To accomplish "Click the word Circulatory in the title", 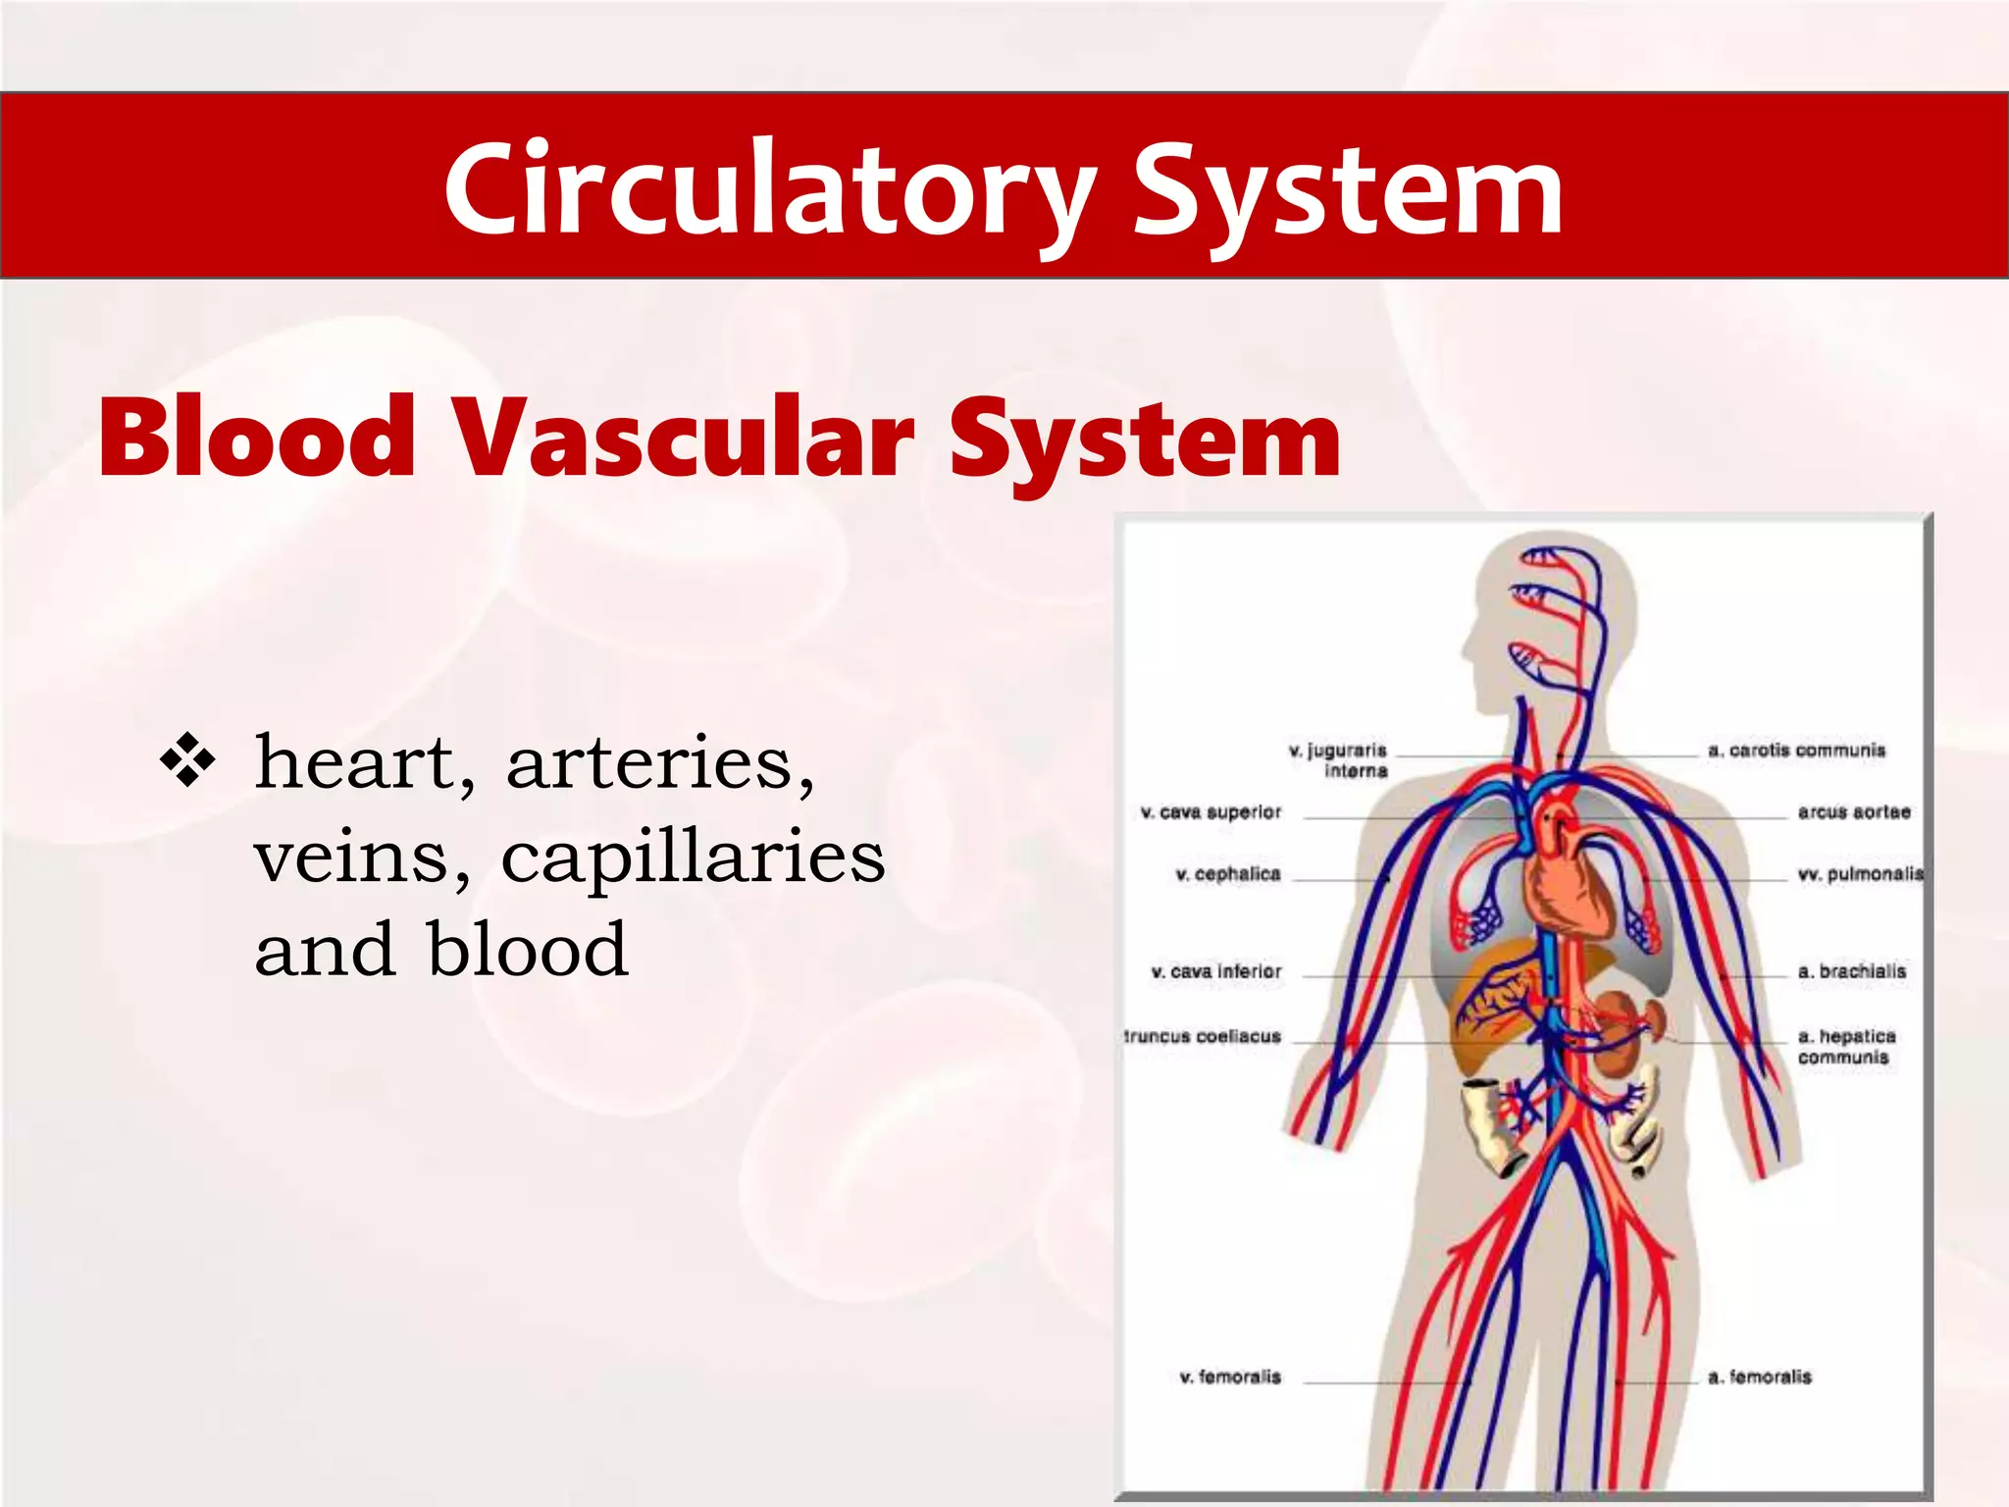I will point(770,188).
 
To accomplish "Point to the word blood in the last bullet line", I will point(528,950).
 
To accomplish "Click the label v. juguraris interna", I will point(1338,760).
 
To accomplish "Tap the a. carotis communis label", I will point(1796,751).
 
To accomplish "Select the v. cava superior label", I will point(1211,812).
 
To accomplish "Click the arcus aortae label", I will point(1853,812).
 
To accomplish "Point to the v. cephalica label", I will point(1227,874).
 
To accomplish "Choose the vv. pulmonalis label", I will point(1860,874).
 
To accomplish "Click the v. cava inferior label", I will point(1215,971).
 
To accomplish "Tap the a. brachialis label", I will point(1851,971).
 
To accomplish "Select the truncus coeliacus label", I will point(1203,1036).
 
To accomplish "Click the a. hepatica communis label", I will point(1845,1046).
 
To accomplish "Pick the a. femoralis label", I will point(1759,1377).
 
